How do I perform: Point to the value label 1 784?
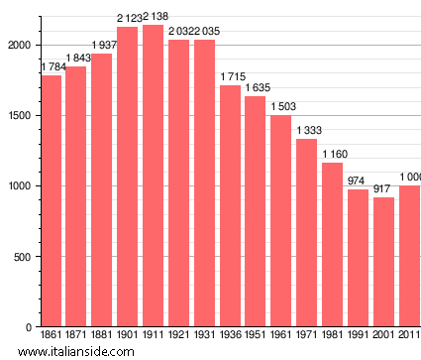point(53,66)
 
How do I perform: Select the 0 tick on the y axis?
point(31,327)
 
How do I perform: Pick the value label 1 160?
point(333,154)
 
